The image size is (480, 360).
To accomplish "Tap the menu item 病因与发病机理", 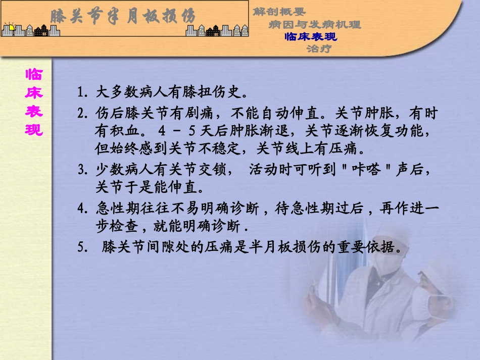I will pos(314,24).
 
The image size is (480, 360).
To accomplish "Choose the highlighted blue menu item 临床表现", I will pos(311,36).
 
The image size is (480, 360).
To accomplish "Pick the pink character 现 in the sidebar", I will pos(34,130).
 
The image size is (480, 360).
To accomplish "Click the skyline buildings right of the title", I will pos(217,30).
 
